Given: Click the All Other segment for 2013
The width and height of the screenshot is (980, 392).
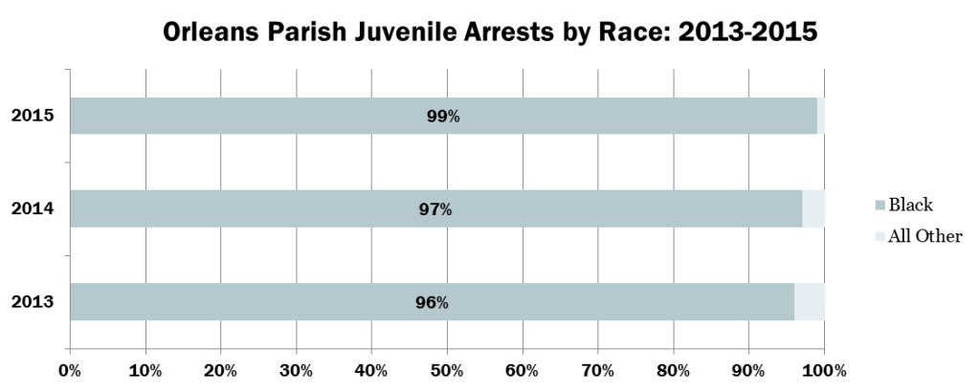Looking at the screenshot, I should point(809,301).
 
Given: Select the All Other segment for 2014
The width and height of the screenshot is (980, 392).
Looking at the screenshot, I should point(813,208).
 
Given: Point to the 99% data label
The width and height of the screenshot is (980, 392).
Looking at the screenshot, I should point(443,117).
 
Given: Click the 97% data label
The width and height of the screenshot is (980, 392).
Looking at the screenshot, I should point(435,209).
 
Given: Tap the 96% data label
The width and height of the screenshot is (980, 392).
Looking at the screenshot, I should point(432,302).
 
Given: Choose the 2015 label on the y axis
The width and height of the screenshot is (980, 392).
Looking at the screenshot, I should point(32,117).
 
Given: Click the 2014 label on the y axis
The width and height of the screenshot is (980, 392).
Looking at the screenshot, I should point(32,209).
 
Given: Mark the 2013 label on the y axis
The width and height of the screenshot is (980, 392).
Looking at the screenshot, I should point(32,302).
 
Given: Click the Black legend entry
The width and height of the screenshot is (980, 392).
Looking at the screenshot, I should point(910,205).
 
